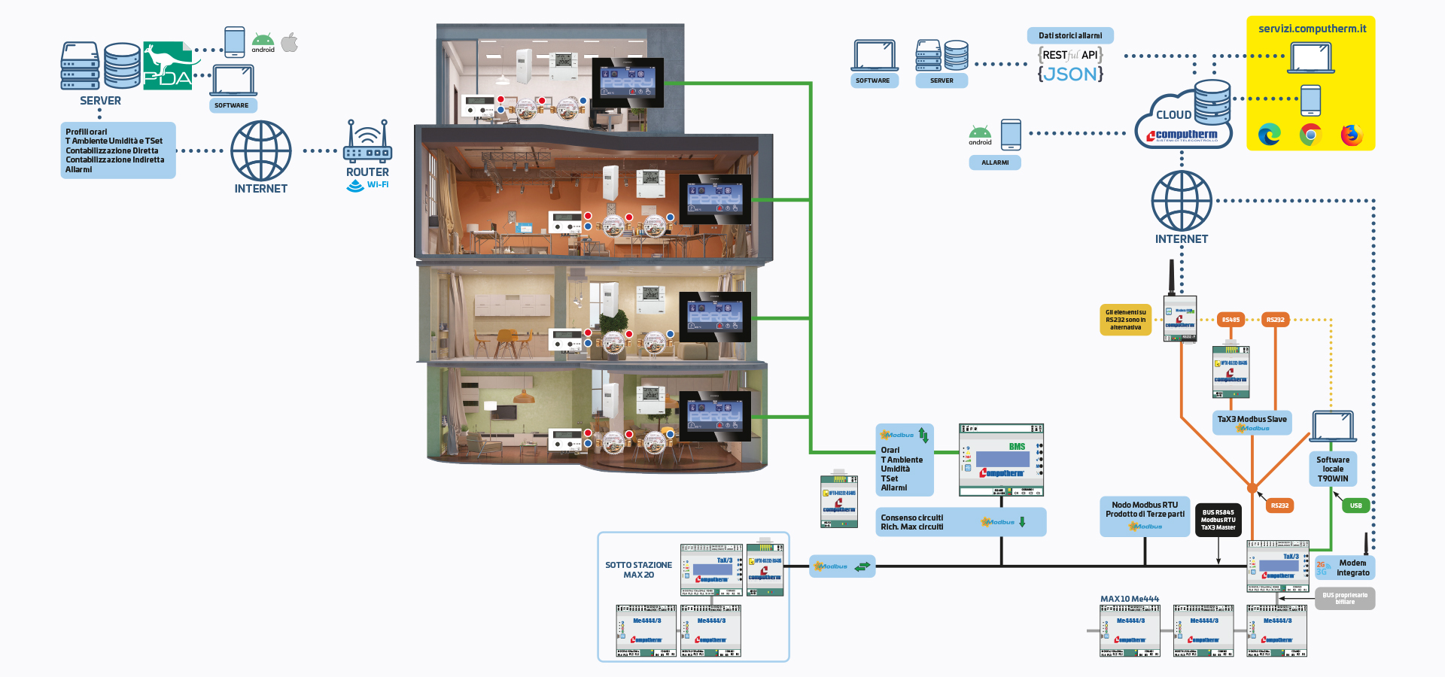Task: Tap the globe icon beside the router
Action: point(260,150)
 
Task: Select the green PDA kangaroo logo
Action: point(167,65)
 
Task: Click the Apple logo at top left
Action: point(290,43)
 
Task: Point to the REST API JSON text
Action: point(1070,65)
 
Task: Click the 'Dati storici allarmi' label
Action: point(1070,35)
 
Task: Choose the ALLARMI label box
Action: point(995,162)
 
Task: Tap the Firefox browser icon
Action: point(1352,135)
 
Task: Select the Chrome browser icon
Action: point(1310,135)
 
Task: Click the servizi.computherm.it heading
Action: point(1312,29)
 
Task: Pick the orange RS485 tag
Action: point(1231,320)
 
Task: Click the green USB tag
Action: point(1355,505)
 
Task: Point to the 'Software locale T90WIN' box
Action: point(1333,469)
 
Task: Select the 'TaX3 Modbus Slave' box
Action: point(1252,423)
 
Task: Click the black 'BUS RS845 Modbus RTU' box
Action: point(1218,520)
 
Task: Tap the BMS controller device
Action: point(1001,460)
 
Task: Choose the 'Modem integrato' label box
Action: point(1345,568)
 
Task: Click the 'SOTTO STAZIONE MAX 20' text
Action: point(638,569)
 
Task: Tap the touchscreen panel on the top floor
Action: point(627,83)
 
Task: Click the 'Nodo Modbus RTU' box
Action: point(1145,515)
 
